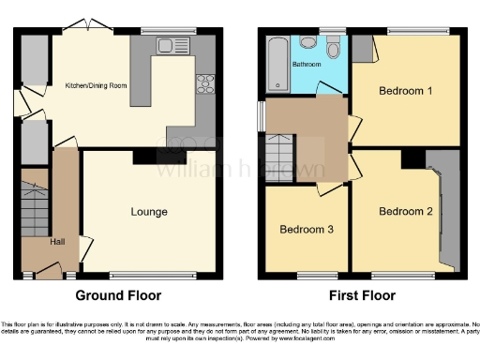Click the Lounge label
coord(148,213)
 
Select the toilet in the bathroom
coord(334,43)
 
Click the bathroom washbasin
coord(306,42)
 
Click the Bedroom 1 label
coord(405,91)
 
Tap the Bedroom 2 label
coord(405,212)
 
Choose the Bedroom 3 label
coord(307,229)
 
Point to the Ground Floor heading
coord(118,295)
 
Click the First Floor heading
coord(362,295)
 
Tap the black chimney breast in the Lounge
coord(145,157)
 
